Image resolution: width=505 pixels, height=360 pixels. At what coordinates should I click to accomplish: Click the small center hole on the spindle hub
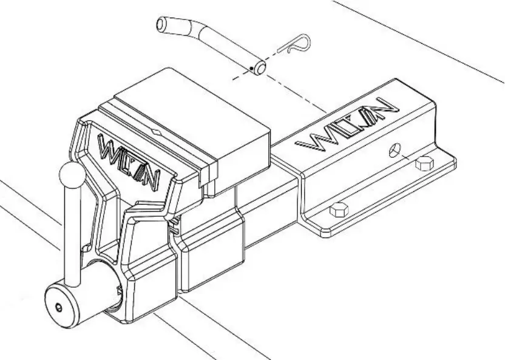coord(58,308)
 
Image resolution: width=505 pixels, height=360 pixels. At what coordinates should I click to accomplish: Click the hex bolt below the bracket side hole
coord(423,164)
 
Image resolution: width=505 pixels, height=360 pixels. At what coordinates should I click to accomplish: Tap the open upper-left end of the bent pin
coord(161,25)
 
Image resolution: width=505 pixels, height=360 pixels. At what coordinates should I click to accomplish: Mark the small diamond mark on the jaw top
coord(156,130)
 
